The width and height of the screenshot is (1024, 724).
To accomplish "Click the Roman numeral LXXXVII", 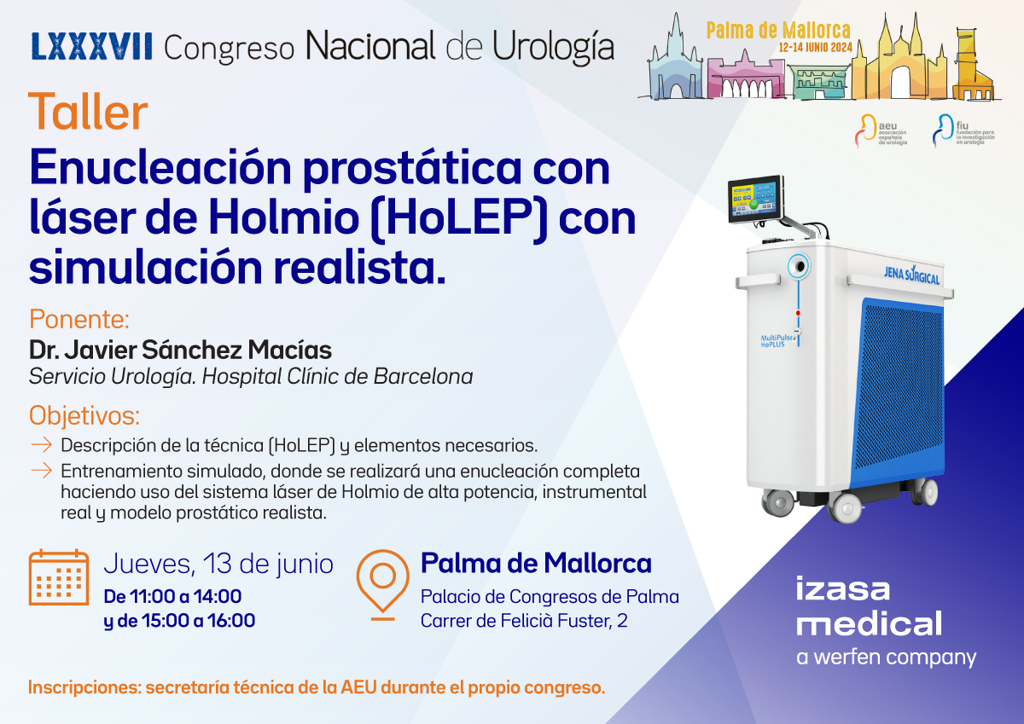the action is (x=91, y=46).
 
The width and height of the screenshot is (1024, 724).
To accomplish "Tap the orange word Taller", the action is (x=88, y=111).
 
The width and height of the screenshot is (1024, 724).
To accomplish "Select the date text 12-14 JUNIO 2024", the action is (x=816, y=48).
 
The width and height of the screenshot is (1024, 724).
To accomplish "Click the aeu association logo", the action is (x=881, y=130).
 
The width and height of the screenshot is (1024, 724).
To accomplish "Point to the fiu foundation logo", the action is (x=963, y=130).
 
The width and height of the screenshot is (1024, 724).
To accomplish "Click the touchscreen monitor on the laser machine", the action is (x=756, y=199).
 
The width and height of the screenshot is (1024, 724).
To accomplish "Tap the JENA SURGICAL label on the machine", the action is (x=911, y=275).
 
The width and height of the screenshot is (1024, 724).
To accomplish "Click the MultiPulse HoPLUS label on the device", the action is (x=777, y=341).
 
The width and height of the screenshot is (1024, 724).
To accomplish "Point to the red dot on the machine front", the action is (x=798, y=313).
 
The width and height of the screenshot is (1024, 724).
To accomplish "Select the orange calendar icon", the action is (x=59, y=577).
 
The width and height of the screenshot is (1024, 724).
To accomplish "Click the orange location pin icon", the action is (x=382, y=585).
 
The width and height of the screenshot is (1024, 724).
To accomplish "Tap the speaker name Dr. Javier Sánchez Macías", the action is (x=180, y=350).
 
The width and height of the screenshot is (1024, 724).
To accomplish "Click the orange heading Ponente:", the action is (x=79, y=319).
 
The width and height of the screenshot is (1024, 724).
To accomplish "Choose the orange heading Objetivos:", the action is (x=84, y=415).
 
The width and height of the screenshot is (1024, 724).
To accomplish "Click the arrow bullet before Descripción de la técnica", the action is (x=41, y=445).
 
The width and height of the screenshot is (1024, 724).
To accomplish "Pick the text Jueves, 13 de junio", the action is (x=218, y=564).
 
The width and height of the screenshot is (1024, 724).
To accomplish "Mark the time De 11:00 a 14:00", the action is (x=172, y=596).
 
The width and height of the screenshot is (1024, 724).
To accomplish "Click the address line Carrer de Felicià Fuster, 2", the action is (x=524, y=621).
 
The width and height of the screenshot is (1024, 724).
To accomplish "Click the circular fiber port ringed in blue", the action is (x=798, y=266).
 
